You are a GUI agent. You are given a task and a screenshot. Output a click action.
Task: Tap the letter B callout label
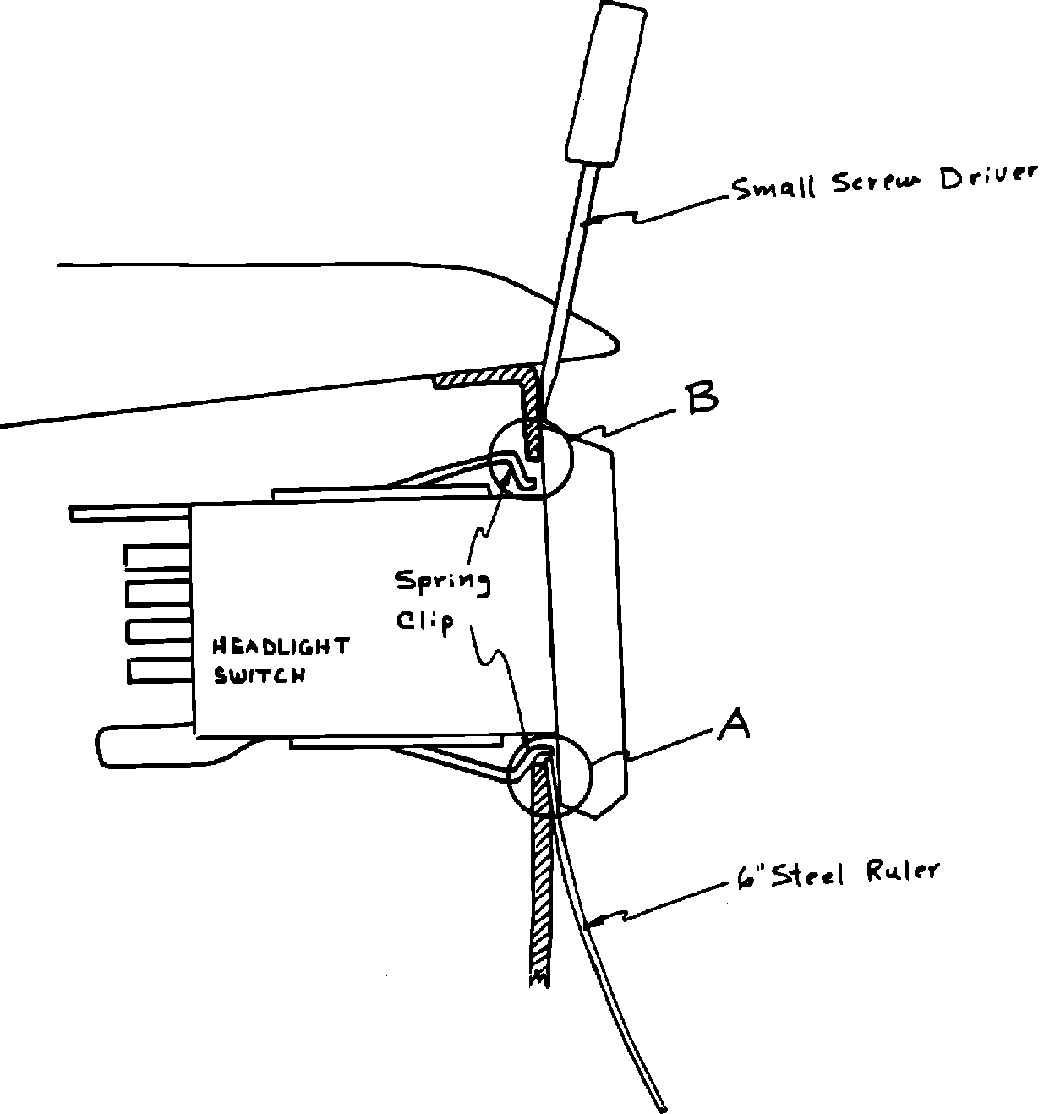click(702, 399)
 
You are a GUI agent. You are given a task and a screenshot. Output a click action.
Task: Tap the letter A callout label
click(733, 724)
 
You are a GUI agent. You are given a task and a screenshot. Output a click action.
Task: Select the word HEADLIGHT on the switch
click(280, 647)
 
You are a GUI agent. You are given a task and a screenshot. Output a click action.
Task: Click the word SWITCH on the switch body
click(259, 676)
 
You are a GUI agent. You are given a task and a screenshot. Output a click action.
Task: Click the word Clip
click(425, 622)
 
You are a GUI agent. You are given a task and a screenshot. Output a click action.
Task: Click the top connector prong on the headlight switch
click(157, 556)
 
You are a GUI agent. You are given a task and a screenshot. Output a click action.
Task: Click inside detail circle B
click(531, 459)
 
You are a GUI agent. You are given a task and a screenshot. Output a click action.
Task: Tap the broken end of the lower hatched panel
click(538, 979)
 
